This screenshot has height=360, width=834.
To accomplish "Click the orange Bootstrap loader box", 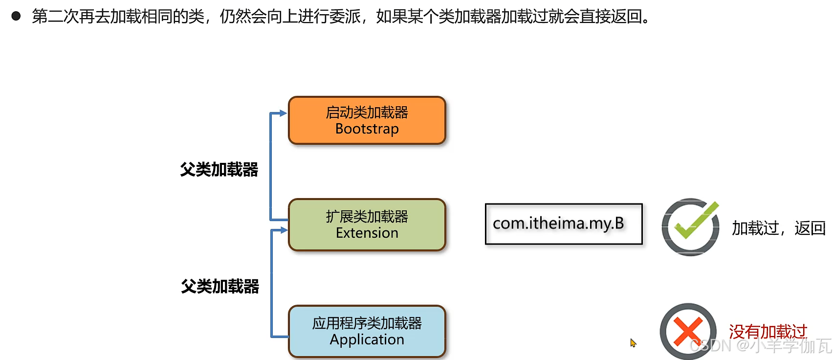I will pyautogui.click(x=367, y=120).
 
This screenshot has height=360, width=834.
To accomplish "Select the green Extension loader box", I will pyautogui.click(x=367, y=225).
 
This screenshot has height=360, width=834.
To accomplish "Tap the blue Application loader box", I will pyautogui.click(x=367, y=331).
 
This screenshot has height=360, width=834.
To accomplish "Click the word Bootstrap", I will pyautogui.click(x=367, y=129).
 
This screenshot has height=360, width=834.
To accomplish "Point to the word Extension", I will pyautogui.click(x=367, y=233).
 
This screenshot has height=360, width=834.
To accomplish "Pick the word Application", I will pyautogui.click(x=367, y=340).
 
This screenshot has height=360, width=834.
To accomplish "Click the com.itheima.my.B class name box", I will pyautogui.click(x=563, y=224).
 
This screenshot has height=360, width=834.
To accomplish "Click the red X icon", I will pyautogui.click(x=688, y=331).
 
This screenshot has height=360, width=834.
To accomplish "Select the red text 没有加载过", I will pyautogui.click(x=768, y=332).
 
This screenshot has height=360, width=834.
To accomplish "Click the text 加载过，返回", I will pyautogui.click(x=778, y=228).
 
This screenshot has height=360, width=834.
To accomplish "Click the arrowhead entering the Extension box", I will pyautogui.click(x=283, y=230).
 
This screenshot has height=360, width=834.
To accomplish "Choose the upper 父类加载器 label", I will pyautogui.click(x=219, y=170).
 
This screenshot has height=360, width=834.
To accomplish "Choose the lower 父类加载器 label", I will pyautogui.click(x=220, y=286).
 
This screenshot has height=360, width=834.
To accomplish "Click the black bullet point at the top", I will pyautogui.click(x=16, y=16).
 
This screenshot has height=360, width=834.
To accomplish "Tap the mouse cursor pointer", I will pyautogui.click(x=633, y=343).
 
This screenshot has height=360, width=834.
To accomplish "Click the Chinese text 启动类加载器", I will pyautogui.click(x=367, y=112).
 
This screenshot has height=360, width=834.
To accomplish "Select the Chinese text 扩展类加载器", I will pyautogui.click(x=367, y=216).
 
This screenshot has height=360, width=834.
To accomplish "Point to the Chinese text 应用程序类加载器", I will pyautogui.click(x=367, y=323).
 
